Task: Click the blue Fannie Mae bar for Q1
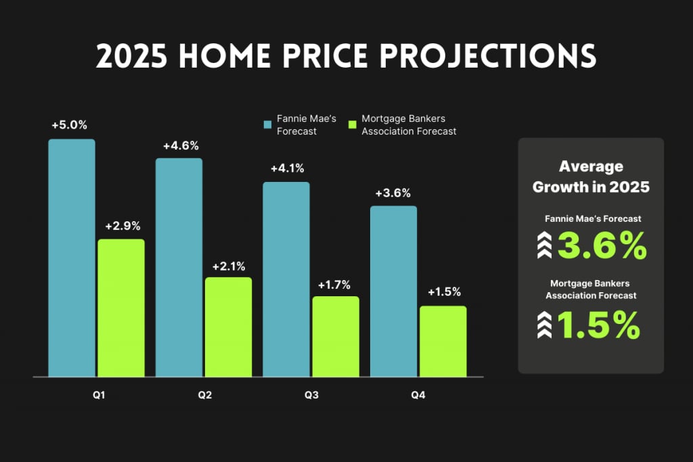point(72,258)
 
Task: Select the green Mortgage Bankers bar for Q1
point(121,308)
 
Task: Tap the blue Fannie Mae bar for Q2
point(179,267)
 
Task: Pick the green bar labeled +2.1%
point(228,327)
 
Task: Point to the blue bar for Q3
point(286,279)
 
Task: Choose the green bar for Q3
point(336,336)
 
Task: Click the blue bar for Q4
point(393,291)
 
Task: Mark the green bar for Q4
point(443,341)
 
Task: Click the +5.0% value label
point(70,125)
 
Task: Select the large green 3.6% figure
point(602,246)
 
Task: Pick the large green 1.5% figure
point(598,326)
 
